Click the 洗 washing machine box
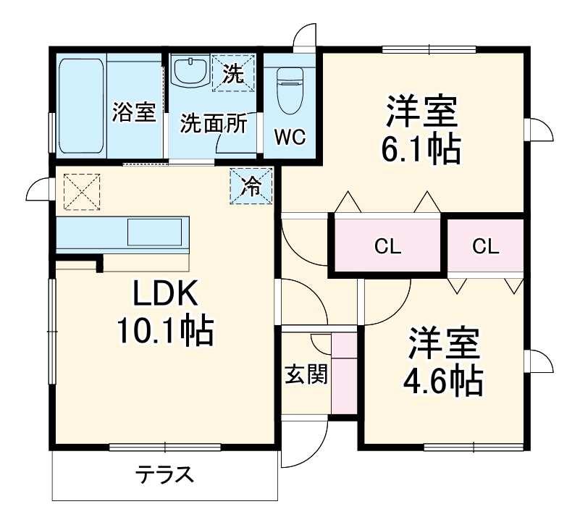(233, 72)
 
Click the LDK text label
(164, 293)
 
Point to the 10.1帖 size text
(164, 332)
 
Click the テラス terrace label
(164, 476)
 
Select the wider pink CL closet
(387, 246)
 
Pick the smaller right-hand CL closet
(486, 246)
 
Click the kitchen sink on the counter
(154, 232)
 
